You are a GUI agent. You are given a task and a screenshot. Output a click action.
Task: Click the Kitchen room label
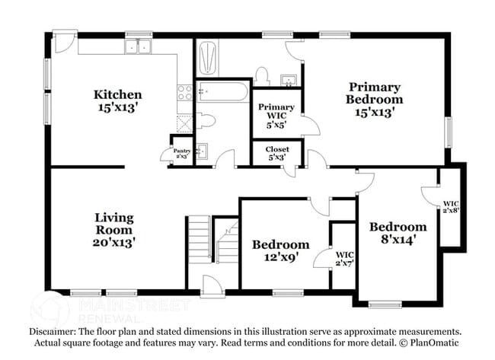tap(117, 94)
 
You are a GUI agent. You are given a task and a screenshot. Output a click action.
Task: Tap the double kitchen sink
tap(139, 47)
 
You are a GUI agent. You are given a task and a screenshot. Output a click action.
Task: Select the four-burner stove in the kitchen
tap(184, 93)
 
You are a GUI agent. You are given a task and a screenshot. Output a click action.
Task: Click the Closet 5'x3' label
tap(277, 154)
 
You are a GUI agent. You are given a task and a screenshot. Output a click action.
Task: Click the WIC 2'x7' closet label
tap(344, 258)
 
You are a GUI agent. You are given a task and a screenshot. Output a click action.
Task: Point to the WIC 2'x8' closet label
tap(451, 207)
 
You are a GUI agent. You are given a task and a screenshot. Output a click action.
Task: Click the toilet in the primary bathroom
tap(262, 75)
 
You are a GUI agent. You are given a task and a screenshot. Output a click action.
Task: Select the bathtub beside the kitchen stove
tap(222, 94)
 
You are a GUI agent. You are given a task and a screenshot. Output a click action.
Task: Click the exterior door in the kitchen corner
tap(64, 43)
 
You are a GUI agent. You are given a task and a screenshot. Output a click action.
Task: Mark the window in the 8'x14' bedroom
tap(385, 305)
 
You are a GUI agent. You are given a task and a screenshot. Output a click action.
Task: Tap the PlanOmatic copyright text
tap(432, 343)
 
